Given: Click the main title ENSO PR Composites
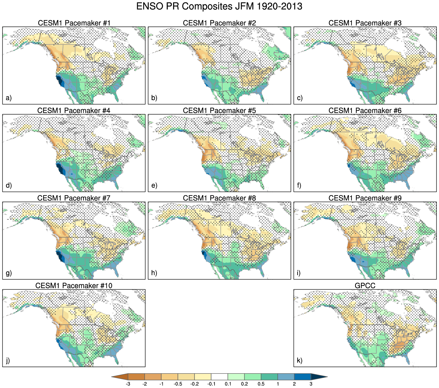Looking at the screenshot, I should [219, 6].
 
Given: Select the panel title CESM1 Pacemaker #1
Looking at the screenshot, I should [74, 23].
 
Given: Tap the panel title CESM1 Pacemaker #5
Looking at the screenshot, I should [219, 110].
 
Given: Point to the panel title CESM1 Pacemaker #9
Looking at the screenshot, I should [365, 198].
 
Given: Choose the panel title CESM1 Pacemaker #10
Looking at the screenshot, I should [74, 286].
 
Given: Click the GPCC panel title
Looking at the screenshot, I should [365, 286].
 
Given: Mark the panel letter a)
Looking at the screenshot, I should [9, 98].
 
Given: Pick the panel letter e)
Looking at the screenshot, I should [154, 185].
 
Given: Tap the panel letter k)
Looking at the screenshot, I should [300, 361].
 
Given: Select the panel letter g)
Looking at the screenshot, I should [9, 273].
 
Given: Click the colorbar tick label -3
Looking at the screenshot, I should [128, 384].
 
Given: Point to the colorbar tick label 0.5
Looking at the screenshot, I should [261, 384].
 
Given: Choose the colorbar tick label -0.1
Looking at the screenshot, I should [211, 384].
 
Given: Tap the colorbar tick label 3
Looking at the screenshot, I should [311, 384].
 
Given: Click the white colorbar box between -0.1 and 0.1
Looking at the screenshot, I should [219, 377].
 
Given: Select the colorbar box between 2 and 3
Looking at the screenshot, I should [302, 377].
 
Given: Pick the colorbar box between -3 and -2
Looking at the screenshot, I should [136, 377].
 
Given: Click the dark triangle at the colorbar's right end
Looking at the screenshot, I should [318, 377].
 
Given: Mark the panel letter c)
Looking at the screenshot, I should [300, 98].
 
